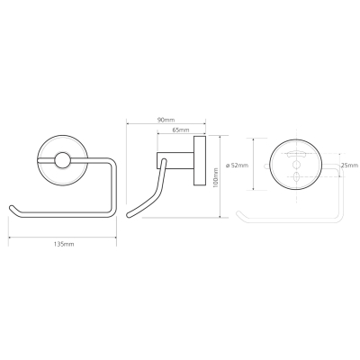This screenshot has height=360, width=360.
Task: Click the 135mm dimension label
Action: [x=64, y=244]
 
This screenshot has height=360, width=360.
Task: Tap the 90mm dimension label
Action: [x=166, y=120]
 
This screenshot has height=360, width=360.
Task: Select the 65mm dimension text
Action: [x=181, y=130]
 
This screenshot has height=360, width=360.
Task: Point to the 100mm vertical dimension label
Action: [x=215, y=177]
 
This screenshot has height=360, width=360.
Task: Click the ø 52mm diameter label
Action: [x=237, y=165]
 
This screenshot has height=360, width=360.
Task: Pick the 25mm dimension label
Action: [x=349, y=166]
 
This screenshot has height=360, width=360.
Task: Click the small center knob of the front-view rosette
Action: [x=63, y=159]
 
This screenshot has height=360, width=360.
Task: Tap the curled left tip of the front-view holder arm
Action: [x=12, y=208]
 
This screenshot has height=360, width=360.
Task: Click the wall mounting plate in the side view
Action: [x=200, y=160]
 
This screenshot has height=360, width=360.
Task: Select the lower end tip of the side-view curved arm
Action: [x=130, y=214]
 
